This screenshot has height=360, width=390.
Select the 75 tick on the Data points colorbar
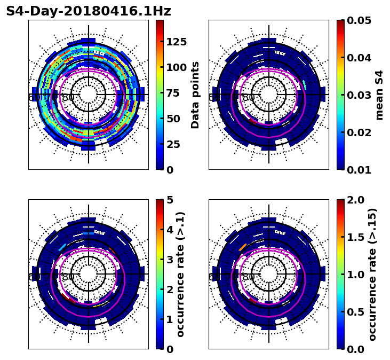pyautogui.click(x=173, y=93)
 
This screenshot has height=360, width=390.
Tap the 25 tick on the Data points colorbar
pyautogui.click(x=173, y=144)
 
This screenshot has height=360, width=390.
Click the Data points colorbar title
pyautogui.click(x=195, y=95)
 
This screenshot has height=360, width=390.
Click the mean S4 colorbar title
pyautogui.click(x=379, y=95)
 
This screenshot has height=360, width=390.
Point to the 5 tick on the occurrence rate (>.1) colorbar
pyautogui.click(x=170, y=200)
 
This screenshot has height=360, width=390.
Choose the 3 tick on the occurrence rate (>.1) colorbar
pyautogui.click(x=170, y=260)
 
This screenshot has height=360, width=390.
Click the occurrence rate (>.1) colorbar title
pyautogui.click(x=181, y=274)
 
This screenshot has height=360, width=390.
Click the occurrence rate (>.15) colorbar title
pyautogui.click(x=372, y=274)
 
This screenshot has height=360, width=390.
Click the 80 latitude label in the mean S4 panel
pyautogui.click(x=249, y=98)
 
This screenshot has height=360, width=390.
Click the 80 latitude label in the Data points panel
pyautogui.click(x=68, y=98)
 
